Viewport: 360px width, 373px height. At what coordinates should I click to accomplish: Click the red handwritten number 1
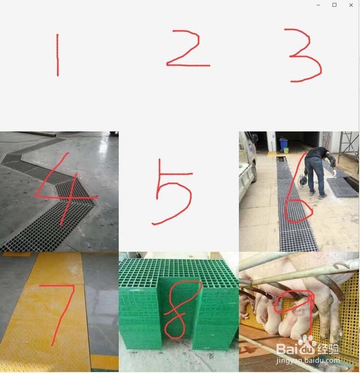[57, 55]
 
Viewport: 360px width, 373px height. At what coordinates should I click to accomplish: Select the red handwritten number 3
[303, 55]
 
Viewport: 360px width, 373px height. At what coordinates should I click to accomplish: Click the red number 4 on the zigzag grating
[63, 191]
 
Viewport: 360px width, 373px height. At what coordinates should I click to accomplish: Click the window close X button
[351, 5]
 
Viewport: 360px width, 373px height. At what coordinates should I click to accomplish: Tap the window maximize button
[334, 5]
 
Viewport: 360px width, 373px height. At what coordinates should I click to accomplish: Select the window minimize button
[319, 5]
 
